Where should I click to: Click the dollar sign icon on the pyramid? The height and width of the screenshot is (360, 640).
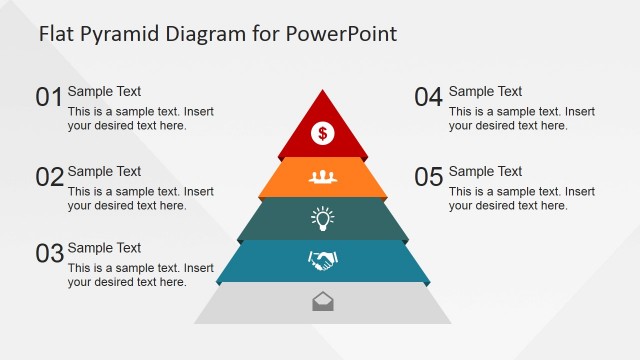point(323,131)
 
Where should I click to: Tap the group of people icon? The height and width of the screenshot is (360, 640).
point(322,176)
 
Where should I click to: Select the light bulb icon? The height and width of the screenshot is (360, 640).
point(322,217)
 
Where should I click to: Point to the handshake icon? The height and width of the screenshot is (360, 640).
point(322,261)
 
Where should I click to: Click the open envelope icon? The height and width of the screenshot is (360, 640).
point(323,300)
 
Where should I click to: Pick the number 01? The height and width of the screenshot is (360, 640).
point(49,97)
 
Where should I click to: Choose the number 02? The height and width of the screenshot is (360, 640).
point(49,177)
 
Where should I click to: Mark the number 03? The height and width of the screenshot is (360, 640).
point(49,253)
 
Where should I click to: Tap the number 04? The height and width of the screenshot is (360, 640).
point(428,97)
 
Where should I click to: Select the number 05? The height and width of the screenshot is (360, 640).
point(428,177)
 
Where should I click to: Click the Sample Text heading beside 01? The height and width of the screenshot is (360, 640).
point(104,92)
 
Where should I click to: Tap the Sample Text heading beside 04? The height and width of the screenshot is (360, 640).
point(485,92)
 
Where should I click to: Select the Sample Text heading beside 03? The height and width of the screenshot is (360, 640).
point(104,248)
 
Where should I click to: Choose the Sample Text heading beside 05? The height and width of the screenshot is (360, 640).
point(485,172)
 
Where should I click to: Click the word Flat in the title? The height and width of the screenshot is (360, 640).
point(57,34)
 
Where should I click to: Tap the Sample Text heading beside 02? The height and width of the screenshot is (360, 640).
point(104,172)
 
